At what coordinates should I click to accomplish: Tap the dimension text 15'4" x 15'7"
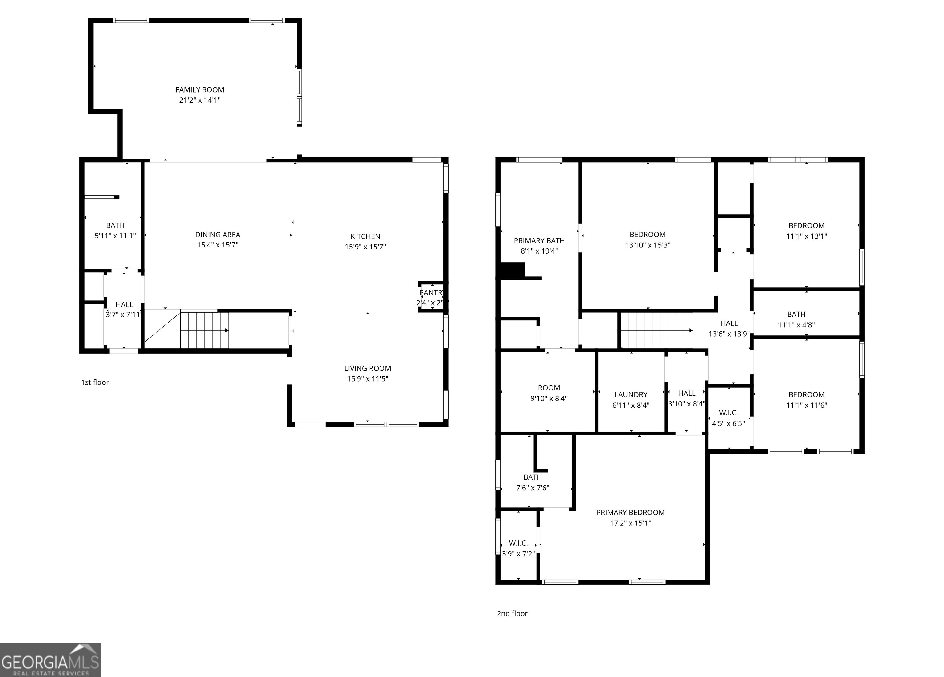pos(218,245)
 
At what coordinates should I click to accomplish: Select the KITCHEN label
pos(365,236)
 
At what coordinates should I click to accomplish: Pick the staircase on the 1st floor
pos(204,330)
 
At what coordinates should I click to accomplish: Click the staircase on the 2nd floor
pos(657,330)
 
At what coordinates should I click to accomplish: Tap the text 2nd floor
pos(512,613)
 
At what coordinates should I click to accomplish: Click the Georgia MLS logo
pos(50,660)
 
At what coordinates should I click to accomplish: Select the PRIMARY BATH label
pos(539,241)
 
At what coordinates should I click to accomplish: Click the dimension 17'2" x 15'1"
pos(630,523)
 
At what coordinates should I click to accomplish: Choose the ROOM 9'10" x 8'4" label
pos(549,388)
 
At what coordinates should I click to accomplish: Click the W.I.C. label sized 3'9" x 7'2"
pos(518,543)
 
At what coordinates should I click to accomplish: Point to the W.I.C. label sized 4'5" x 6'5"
pos(728,413)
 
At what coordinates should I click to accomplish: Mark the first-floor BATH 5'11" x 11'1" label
pos(115,225)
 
